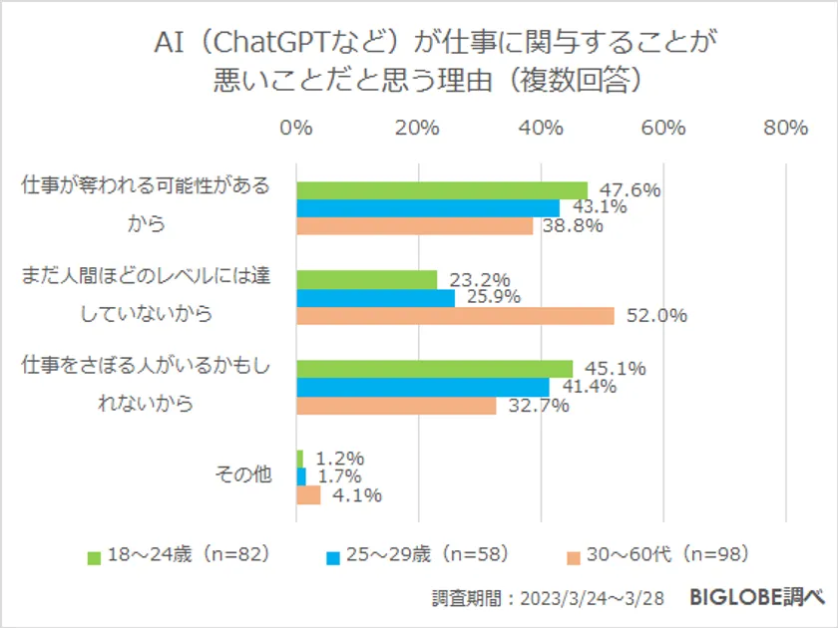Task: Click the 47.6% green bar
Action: click(x=441, y=190)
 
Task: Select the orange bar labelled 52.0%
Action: click(x=455, y=316)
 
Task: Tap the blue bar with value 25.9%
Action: click(x=375, y=298)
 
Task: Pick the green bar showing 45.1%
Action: click(x=434, y=369)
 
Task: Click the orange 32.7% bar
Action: click(x=396, y=406)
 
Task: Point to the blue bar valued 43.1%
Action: click(x=427, y=208)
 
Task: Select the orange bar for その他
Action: click(x=308, y=495)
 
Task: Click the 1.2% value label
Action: click(x=339, y=459)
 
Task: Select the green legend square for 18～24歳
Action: click(x=95, y=556)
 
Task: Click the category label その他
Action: click(x=243, y=476)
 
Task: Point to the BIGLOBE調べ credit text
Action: click(x=757, y=598)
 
